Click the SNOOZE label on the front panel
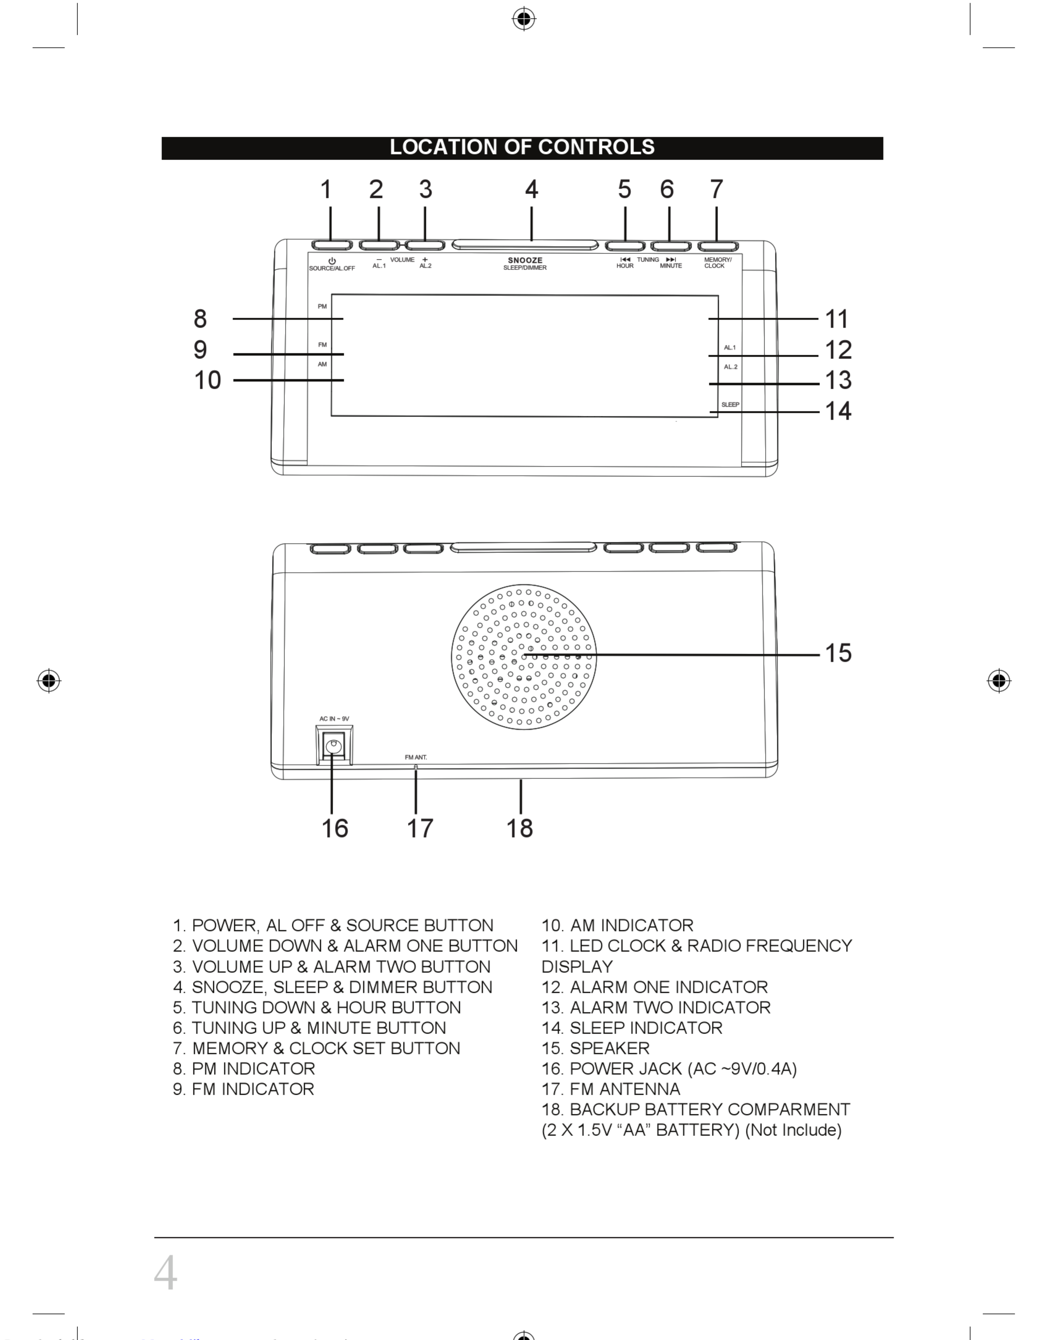coord(525,260)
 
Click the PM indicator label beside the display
coord(322,306)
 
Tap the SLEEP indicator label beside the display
coord(730,404)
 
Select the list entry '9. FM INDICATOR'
coord(243,1089)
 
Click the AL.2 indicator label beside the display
coord(730,367)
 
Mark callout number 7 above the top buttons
coord(716,189)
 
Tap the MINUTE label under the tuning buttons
coord(671,266)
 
